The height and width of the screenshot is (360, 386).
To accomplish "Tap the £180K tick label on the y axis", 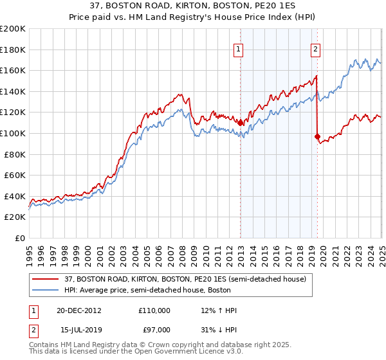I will click(13, 50).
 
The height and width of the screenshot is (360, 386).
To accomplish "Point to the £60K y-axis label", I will click(15, 175).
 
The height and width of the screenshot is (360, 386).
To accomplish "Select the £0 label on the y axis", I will click(21, 238).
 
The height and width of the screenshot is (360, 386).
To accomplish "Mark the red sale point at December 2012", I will click(240, 122).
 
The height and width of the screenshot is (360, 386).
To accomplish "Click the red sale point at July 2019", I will click(317, 136).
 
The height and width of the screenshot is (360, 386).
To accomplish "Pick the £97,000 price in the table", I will click(154, 329).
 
